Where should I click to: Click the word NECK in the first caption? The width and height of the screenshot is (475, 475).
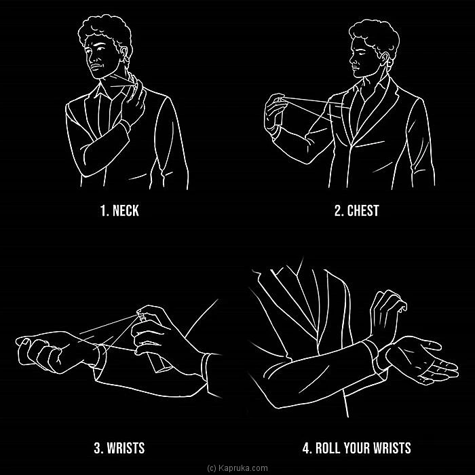126,210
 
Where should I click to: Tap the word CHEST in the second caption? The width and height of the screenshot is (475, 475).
363,210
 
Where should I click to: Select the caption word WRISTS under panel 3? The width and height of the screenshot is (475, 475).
126,448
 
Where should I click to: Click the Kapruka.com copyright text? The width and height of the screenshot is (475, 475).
237,468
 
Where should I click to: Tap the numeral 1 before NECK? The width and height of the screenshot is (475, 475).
104,210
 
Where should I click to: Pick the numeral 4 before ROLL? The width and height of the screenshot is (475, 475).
307,448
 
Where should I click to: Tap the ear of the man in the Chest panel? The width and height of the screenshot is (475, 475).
384,59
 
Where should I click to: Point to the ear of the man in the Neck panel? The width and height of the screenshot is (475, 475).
124,53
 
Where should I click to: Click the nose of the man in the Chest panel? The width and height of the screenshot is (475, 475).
351,60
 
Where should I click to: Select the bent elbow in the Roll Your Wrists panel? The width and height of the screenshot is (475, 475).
273,391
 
